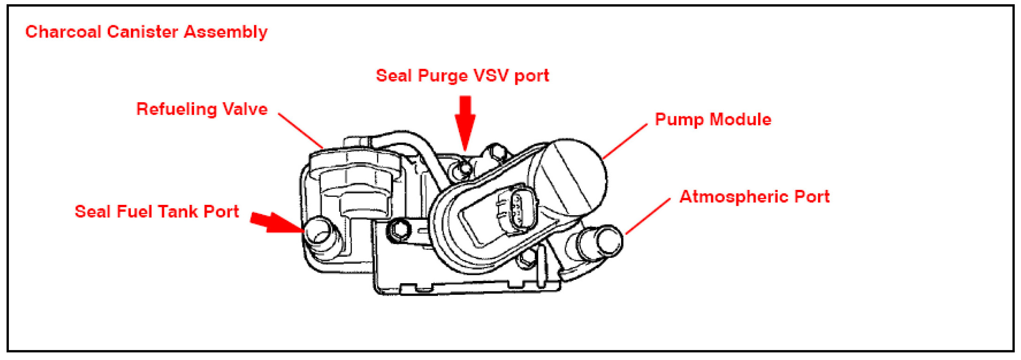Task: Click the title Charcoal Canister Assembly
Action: pyautogui.click(x=146, y=32)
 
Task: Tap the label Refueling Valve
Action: pyautogui.click(x=202, y=109)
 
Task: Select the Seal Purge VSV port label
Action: pyautogui.click(x=462, y=76)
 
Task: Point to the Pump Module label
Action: pyautogui.click(x=713, y=120)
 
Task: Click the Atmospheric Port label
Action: pyautogui.click(x=754, y=197)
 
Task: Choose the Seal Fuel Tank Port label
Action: pyautogui.click(x=157, y=212)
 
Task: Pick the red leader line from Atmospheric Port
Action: pyautogui.click(x=648, y=216)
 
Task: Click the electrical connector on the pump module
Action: pyautogui.click(x=518, y=209)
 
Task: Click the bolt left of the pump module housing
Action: pyautogui.click(x=399, y=230)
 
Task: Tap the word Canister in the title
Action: pyautogui.click(x=142, y=32)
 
